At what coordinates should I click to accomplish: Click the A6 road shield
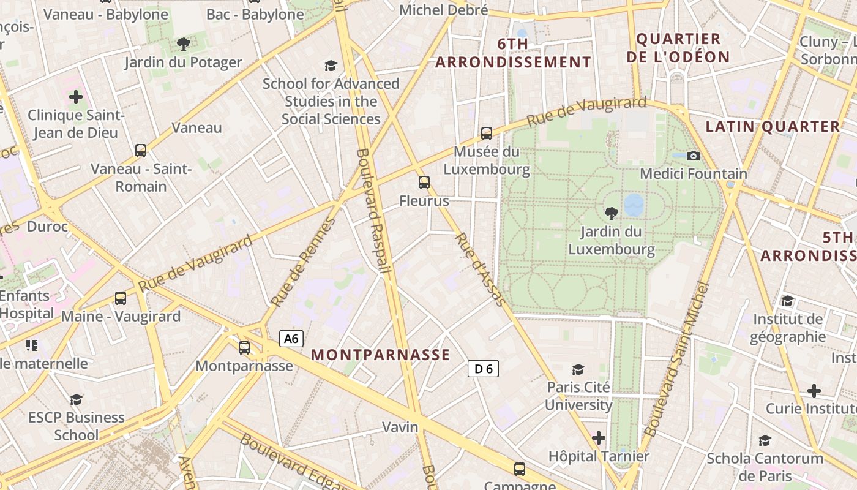click(292, 339)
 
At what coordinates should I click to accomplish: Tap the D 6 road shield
click(484, 369)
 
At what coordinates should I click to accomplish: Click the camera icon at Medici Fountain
click(694, 156)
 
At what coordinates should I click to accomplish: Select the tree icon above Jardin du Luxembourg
click(611, 213)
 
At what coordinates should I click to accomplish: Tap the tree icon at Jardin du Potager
click(183, 43)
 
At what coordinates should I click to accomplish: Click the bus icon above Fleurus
click(424, 182)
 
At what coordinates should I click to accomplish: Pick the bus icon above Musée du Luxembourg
click(487, 133)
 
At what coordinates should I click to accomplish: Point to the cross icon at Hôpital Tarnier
click(599, 438)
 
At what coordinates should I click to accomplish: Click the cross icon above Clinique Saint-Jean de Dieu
click(76, 97)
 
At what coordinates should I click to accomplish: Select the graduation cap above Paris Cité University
click(578, 369)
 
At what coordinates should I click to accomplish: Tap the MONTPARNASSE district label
click(381, 355)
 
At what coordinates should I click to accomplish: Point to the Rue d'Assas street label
click(481, 269)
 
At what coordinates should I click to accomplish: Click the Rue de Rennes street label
click(304, 262)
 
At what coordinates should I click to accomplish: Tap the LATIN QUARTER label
click(773, 127)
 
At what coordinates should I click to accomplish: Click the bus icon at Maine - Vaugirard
click(121, 298)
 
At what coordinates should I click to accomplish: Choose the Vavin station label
click(400, 427)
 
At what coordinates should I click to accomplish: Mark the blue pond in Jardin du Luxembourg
click(634, 205)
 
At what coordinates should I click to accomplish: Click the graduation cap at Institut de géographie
click(787, 301)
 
